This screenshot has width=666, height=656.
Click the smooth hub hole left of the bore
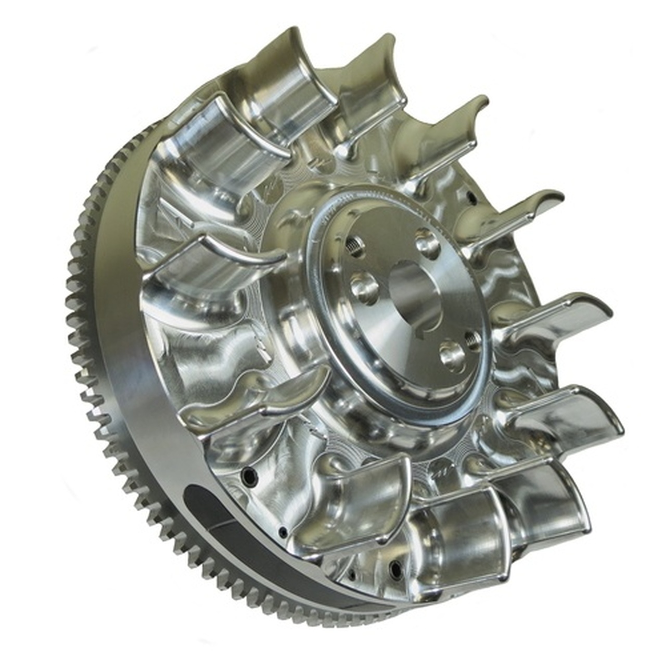tap(363, 285)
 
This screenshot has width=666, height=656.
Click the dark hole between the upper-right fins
tap(471, 196)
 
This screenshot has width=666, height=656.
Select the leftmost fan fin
tap(208, 260)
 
